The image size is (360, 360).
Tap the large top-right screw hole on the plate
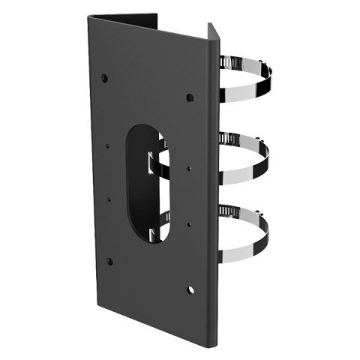pos(190,97)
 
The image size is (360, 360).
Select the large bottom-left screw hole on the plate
pos(109,262)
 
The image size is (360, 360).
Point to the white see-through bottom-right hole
pos(190,286)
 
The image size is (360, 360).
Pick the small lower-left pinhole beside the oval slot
pos(110,199)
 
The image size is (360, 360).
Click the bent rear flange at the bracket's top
pos(127,16)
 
